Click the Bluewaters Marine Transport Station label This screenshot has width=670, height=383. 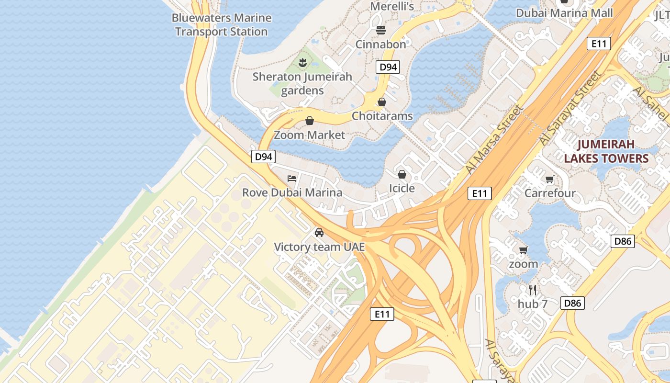click(x=221, y=25)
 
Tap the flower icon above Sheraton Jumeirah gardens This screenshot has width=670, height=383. click(x=302, y=62)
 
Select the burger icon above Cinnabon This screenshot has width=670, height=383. click(x=381, y=30)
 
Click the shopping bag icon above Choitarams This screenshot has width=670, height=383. click(x=382, y=102)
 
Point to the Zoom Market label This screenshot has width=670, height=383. click(x=309, y=135)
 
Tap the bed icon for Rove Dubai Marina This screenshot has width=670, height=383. click(x=292, y=179)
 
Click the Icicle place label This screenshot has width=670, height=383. click(x=402, y=188)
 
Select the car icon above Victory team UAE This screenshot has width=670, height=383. click(x=319, y=233)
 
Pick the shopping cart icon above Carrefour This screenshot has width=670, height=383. click(x=550, y=180)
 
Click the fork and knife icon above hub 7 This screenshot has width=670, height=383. click(x=533, y=290)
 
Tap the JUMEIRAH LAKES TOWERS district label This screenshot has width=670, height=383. click(x=606, y=151)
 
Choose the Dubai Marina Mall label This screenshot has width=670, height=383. click(x=564, y=13)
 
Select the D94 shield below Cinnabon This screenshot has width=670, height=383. click(x=388, y=67)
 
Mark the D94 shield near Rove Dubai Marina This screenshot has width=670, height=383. click(x=264, y=157)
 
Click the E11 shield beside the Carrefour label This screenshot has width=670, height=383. click(x=480, y=193)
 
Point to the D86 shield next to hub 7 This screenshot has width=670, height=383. click(x=572, y=303)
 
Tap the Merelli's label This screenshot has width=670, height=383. click(x=392, y=7)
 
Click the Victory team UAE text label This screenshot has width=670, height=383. click(x=319, y=247)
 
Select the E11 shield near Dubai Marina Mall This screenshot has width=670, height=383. click(x=599, y=44)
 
